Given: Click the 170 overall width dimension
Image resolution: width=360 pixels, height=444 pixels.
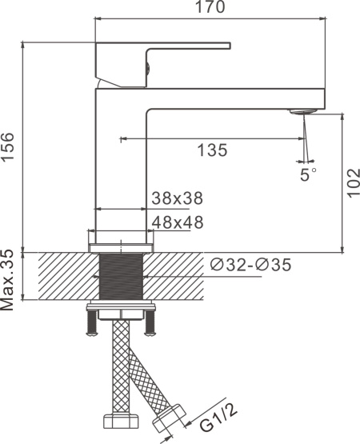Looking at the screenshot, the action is click(210, 6).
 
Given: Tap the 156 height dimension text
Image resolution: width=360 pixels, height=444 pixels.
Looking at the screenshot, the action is click(7, 147).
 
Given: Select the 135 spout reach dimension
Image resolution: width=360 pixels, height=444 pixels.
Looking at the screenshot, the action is click(212, 150).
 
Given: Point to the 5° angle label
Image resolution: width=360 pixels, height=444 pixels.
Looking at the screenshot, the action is click(308, 174).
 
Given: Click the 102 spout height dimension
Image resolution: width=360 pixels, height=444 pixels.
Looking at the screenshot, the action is click(353, 183).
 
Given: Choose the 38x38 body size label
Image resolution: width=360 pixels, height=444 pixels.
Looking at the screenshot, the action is click(178, 198).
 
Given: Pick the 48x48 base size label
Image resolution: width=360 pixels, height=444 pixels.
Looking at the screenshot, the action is click(178, 222).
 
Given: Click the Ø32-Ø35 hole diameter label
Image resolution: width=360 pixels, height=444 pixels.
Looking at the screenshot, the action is click(250, 265).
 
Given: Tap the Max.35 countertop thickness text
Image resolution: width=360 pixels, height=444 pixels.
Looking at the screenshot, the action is click(7, 280).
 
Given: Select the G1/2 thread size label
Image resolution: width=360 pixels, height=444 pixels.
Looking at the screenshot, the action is click(218, 417).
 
